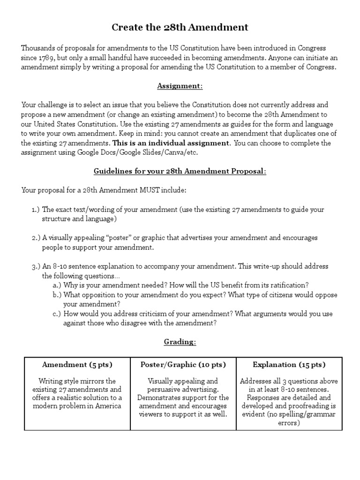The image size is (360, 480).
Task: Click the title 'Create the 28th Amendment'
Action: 180,28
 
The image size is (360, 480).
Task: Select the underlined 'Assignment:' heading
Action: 180,86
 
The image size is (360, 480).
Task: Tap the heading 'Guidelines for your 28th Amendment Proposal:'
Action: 180,171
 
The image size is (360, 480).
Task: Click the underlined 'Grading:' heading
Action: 180,342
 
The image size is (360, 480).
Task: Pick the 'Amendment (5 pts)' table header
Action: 77,365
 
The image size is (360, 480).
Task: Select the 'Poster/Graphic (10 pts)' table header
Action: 183,365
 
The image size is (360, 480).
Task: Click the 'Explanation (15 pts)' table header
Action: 289,365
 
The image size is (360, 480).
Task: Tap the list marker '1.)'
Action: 36,210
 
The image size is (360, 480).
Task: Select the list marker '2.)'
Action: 36,238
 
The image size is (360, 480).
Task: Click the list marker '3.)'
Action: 36,266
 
